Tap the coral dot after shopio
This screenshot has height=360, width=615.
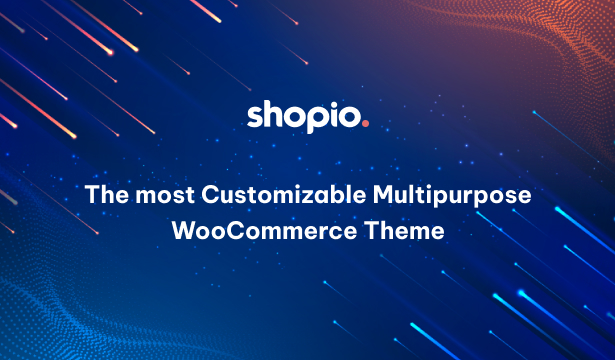366,124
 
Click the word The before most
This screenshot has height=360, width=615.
107,194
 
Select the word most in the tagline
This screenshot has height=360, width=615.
165,196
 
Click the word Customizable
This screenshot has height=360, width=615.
284,194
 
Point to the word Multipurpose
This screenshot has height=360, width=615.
452,196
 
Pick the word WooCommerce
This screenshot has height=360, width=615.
264,230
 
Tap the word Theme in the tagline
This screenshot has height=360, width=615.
404,230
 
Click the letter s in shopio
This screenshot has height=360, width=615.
255,117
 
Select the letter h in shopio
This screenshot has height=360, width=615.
276,114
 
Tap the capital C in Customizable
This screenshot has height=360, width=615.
210,195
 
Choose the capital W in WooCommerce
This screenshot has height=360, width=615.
185,230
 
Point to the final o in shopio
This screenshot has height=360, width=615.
350,118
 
